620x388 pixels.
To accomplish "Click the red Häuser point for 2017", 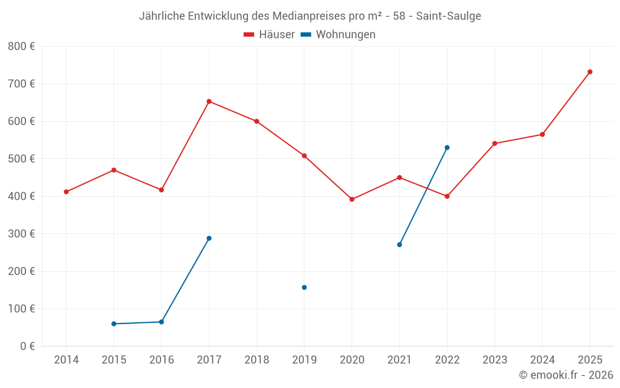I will [x=209, y=101].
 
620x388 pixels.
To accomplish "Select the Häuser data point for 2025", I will [x=590, y=72].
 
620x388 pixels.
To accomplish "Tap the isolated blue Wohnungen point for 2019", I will [x=304, y=287].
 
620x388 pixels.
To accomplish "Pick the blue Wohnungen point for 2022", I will [x=447, y=148].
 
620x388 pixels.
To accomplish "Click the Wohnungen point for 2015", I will [x=113, y=323].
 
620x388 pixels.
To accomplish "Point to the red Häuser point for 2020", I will [x=352, y=199].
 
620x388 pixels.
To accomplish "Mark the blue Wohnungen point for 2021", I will [x=399, y=245].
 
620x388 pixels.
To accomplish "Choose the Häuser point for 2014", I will [x=66, y=192].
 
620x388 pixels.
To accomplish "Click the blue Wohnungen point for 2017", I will [x=209, y=238].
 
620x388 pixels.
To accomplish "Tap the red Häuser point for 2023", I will [x=495, y=143].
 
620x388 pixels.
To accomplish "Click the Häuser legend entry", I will [x=269, y=35].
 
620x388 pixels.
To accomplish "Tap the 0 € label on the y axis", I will [x=27, y=346].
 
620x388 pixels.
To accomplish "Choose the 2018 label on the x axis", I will [x=257, y=360].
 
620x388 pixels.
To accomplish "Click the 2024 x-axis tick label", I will [x=542, y=360].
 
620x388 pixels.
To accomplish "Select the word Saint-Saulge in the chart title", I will [x=449, y=16].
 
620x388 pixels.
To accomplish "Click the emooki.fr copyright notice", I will [x=565, y=375].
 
